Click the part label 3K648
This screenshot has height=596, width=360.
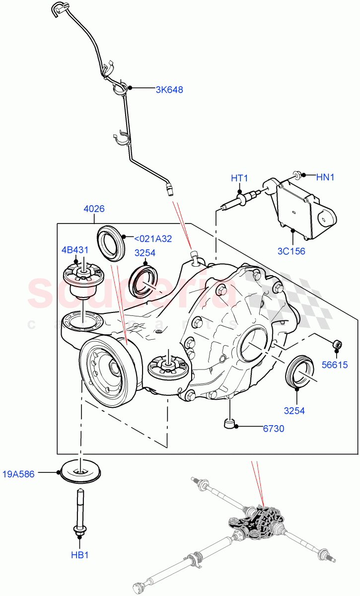(169, 90)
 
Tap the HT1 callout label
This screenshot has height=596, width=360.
(239, 178)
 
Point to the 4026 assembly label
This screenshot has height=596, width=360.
(94, 209)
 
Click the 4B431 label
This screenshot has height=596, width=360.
(75, 249)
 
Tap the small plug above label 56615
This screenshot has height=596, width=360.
(336, 344)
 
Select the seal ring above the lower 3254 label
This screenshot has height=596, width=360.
(297, 371)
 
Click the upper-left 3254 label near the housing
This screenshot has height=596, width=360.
(144, 253)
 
